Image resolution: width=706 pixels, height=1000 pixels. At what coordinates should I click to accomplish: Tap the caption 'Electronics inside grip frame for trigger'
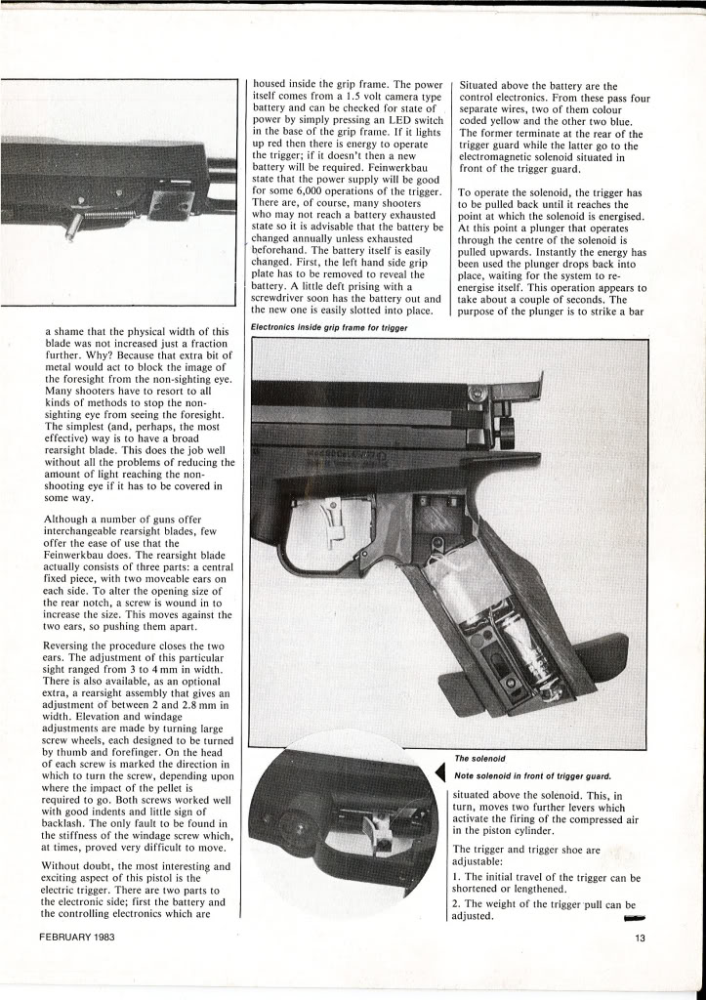click(x=328, y=327)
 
